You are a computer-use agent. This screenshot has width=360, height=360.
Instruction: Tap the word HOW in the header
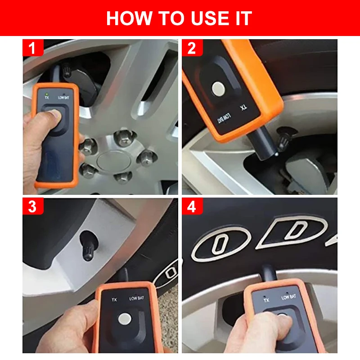point(130,18)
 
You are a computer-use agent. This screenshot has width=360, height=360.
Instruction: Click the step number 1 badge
point(33,48)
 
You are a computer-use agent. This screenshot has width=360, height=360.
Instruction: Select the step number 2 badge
point(192,48)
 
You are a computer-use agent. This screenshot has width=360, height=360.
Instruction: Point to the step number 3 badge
point(33,206)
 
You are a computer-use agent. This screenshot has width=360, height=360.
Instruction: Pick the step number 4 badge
point(192,206)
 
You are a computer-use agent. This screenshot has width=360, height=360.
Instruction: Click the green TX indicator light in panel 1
point(47,94)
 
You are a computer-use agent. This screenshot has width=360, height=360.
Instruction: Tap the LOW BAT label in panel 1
point(63,98)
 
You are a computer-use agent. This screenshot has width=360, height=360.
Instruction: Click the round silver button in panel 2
point(218,89)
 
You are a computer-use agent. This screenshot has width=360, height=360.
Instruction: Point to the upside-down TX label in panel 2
point(243,108)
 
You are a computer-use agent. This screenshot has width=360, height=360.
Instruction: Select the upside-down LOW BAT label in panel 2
point(224,118)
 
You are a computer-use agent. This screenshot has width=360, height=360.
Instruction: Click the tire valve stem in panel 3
point(88,246)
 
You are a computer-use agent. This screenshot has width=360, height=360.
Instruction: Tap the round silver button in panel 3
point(125,319)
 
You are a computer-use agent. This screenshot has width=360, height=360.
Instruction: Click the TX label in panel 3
point(114,300)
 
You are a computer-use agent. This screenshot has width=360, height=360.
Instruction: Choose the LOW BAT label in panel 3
point(136,298)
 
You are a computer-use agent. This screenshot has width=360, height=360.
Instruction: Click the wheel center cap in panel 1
point(114,162)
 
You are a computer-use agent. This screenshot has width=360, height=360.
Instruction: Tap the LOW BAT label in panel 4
point(288,297)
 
